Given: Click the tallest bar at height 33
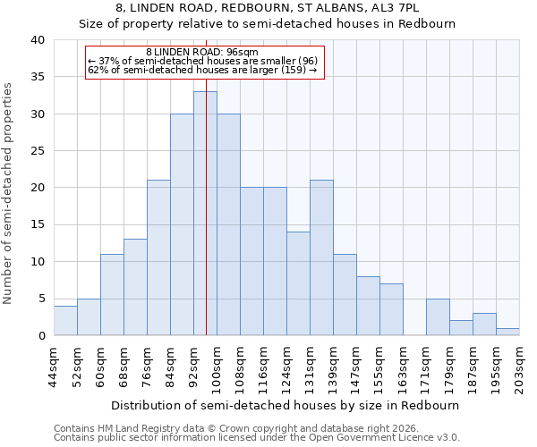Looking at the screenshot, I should click(x=205, y=214).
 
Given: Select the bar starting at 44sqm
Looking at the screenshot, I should click(x=65, y=321).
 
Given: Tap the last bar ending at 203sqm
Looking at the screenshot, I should click(x=507, y=332).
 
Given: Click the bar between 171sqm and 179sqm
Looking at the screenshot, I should click(x=438, y=317).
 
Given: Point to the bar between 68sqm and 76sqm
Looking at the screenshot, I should click(x=135, y=287).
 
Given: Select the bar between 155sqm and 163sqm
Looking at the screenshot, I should click(x=391, y=309).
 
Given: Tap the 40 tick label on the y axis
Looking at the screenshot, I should click(x=37, y=40).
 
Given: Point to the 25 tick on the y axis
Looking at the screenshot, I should click(x=37, y=151).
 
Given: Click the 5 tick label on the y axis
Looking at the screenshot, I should click(x=40, y=299).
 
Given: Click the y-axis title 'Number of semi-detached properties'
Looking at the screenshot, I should click(x=9, y=193).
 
